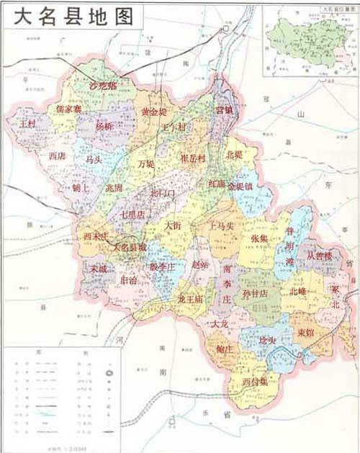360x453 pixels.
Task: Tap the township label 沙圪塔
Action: tap(102, 86)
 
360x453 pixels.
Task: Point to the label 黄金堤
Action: tap(153, 112)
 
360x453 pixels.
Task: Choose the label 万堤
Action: tap(146, 163)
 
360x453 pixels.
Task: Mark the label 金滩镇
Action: tap(240, 186)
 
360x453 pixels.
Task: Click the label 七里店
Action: tap(132, 214)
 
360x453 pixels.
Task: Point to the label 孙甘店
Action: tap(254, 293)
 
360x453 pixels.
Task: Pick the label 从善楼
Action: tap(319, 255)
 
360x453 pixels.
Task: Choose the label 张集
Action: tap(260, 238)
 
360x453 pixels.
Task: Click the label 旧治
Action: tap(130, 280)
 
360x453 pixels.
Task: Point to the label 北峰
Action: tap(298, 292)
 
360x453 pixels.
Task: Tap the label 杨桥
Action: tap(104, 125)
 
